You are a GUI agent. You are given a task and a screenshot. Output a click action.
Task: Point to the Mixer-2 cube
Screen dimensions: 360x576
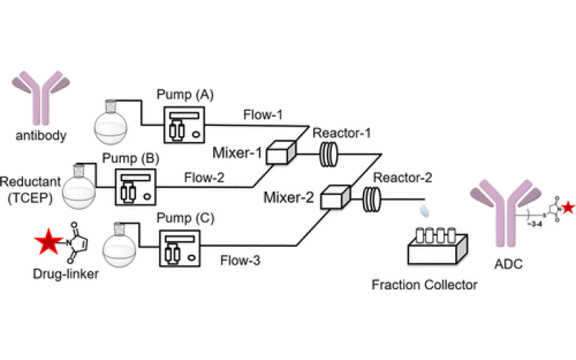pyautogui.click(x=334, y=196)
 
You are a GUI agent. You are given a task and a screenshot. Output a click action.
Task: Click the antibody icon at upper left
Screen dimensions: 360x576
pyautogui.click(x=35, y=94)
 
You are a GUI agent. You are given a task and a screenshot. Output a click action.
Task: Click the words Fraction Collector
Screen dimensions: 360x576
pyautogui.click(x=424, y=285)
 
